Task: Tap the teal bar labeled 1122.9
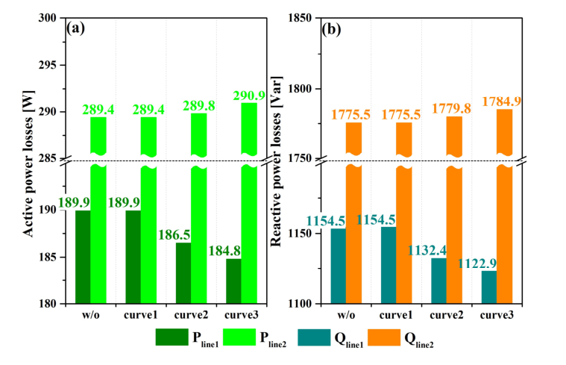tap(489, 287)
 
